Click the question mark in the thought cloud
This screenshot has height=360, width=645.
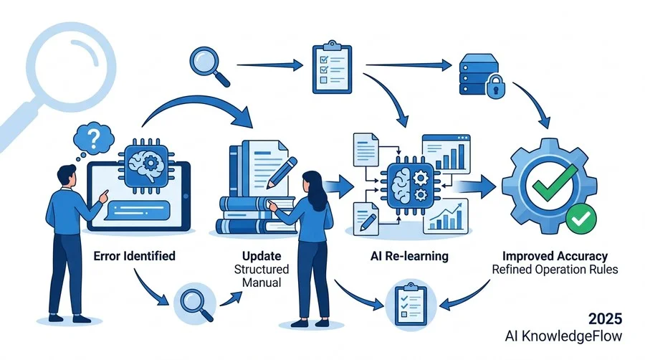tap(94, 139)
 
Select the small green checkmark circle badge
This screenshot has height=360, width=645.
tap(580, 219)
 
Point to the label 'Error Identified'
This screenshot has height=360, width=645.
tap(135, 256)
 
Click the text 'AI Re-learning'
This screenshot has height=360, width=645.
tap(409, 256)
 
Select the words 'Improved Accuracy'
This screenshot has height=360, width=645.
tap(555, 256)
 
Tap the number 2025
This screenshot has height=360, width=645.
tap(605, 319)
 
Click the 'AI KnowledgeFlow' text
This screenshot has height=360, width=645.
tap(563, 336)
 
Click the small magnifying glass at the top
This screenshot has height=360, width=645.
tap(209, 66)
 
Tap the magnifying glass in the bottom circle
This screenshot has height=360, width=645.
tap(197, 303)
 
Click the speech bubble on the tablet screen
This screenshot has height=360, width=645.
tap(137, 210)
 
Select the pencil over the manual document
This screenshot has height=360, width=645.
tap(282, 172)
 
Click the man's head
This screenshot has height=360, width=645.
tap(67, 176)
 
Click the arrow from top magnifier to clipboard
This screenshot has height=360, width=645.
tap(270, 65)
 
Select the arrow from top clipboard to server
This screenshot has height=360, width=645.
tap(409, 65)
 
